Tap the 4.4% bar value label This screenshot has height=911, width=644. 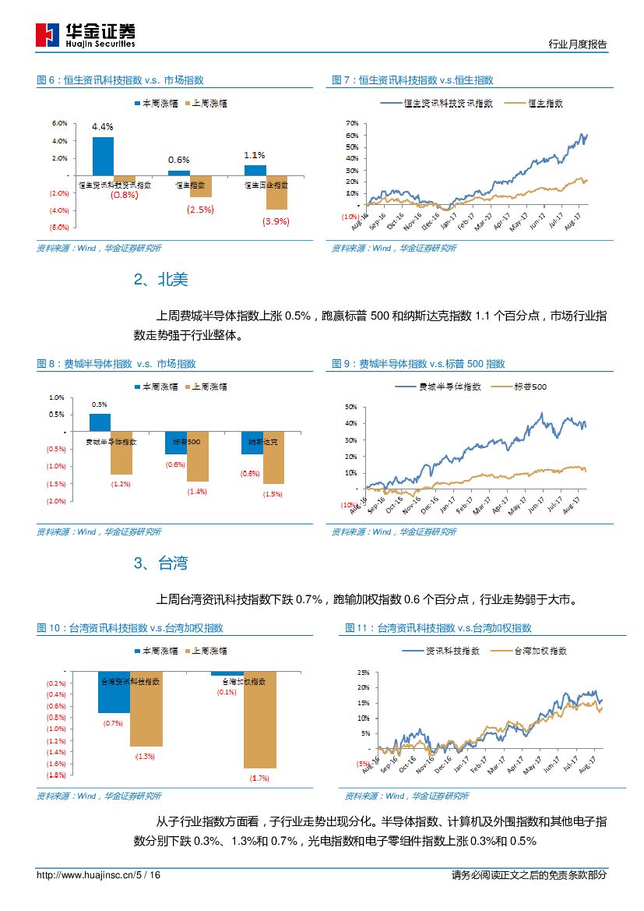point(102,126)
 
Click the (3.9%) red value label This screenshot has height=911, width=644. point(276,221)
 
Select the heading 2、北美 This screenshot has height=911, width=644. point(160,280)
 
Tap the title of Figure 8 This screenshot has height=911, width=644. point(116,364)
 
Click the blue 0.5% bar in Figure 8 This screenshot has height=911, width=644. point(100,422)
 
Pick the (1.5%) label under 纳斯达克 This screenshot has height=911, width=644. point(273,494)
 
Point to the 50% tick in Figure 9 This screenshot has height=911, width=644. point(350,407)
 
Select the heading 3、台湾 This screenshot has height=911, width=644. point(160,563)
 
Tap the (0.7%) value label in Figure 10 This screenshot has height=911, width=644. point(113,723)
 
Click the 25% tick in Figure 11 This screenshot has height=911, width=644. point(363,672)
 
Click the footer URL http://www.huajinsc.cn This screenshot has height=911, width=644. point(86,875)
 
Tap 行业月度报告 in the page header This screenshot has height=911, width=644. point(578,44)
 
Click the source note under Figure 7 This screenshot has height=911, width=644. point(394,249)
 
